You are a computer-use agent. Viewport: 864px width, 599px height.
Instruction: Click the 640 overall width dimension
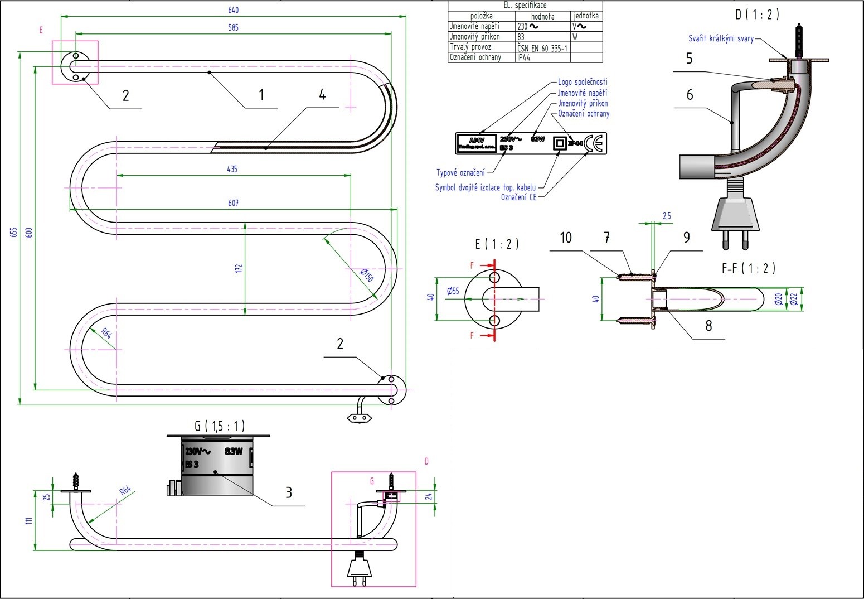click(234, 10)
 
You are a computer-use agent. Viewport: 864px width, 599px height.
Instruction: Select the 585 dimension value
click(234, 27)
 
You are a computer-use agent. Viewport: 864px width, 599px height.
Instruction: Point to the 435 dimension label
click(232, 169)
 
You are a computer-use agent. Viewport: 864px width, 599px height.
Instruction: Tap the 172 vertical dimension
click(239, 268)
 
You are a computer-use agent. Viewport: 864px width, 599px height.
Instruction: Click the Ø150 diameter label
click(366, 274)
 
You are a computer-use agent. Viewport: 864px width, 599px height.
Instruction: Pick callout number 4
click(322, 95)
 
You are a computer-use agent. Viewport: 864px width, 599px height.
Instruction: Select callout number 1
click(261, 95)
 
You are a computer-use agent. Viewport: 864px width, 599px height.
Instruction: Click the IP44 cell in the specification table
click(524, 57)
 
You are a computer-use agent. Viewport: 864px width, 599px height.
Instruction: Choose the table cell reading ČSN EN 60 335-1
click(542, 47)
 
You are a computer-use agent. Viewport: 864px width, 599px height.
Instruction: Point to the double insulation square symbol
click(559, 143)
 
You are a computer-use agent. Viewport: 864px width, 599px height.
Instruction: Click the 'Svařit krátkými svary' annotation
click(721, 38)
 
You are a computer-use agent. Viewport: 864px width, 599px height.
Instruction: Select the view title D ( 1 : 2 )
click(756, 15)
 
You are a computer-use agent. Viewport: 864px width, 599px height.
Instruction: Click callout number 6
click(690, 95)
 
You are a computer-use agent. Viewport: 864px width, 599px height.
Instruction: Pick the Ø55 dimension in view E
click(453, 291)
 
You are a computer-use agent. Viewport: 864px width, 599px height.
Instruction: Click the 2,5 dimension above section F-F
click(667, 216)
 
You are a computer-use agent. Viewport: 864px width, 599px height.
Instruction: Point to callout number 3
click(289, 492)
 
